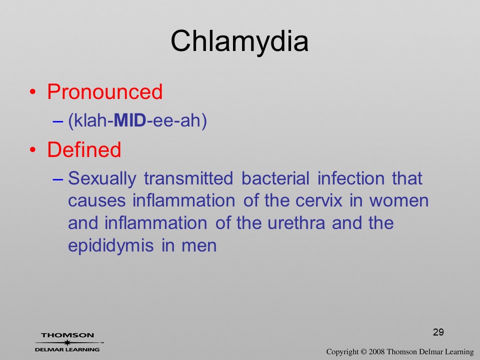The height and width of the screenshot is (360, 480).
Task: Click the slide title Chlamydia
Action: click(239, 41)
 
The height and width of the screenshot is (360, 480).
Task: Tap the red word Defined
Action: click(84, 149)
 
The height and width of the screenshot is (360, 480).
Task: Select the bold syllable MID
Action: click(130, 120)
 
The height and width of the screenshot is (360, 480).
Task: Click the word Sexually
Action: click(102, 179)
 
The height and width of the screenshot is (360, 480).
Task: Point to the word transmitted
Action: click(188, 178)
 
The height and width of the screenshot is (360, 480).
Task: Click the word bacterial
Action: click(275, 178)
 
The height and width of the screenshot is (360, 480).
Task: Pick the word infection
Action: click(351, 178)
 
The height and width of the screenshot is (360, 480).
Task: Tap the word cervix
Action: click(318, 201)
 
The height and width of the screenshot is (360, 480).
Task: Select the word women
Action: click(399, 201)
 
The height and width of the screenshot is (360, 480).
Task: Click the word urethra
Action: click(296, 223)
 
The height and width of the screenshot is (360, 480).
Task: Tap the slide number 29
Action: click(438, 332)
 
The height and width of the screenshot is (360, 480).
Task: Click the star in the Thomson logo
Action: click(66, 342)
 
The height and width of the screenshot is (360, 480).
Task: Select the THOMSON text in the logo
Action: click(67, 335)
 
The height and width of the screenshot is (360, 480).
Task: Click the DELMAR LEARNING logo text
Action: click(67, 349)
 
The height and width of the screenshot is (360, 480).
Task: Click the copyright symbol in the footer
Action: click(363, 351)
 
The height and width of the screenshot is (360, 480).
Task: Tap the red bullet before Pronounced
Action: click(33, 92)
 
